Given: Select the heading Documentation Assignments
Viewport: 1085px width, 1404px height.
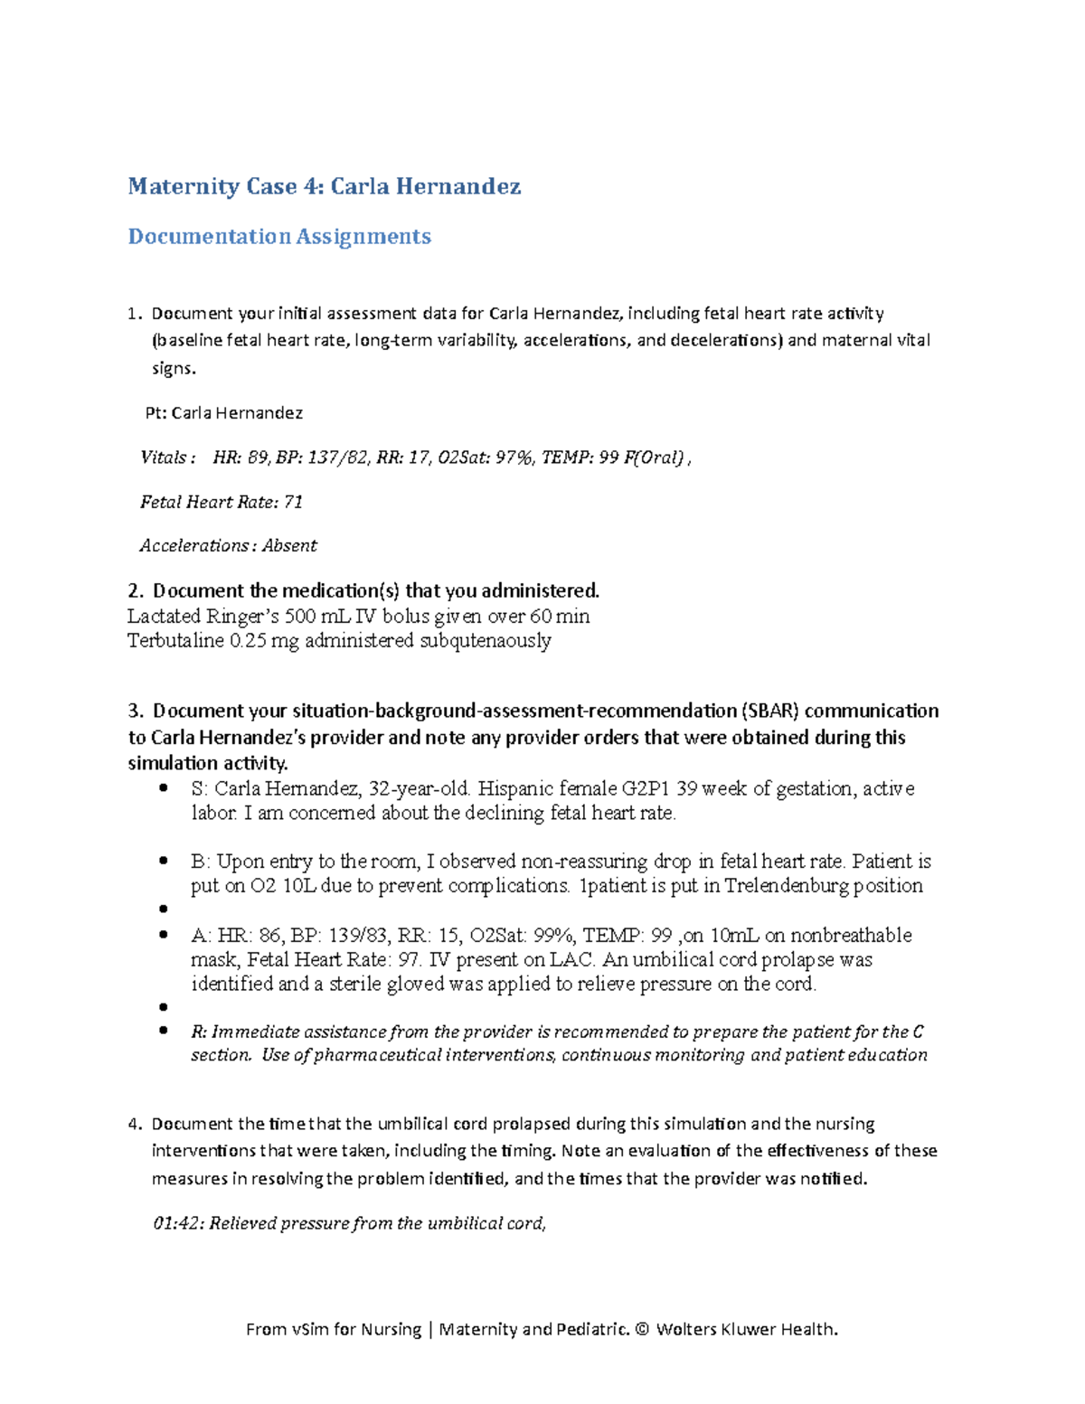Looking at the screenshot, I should pyautogui.click(x=278, y=236).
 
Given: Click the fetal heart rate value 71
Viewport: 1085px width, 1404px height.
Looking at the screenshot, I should pyautogui.click(x=293, y=502).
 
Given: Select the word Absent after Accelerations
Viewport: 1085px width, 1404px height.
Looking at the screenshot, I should pyautogui.click(x=289, y=546).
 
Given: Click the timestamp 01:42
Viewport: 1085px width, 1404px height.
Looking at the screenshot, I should pyautogui.click(x=178, y=1223).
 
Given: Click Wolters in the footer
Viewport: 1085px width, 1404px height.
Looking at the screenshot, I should pyautogui.click(x=689, y=1329).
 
